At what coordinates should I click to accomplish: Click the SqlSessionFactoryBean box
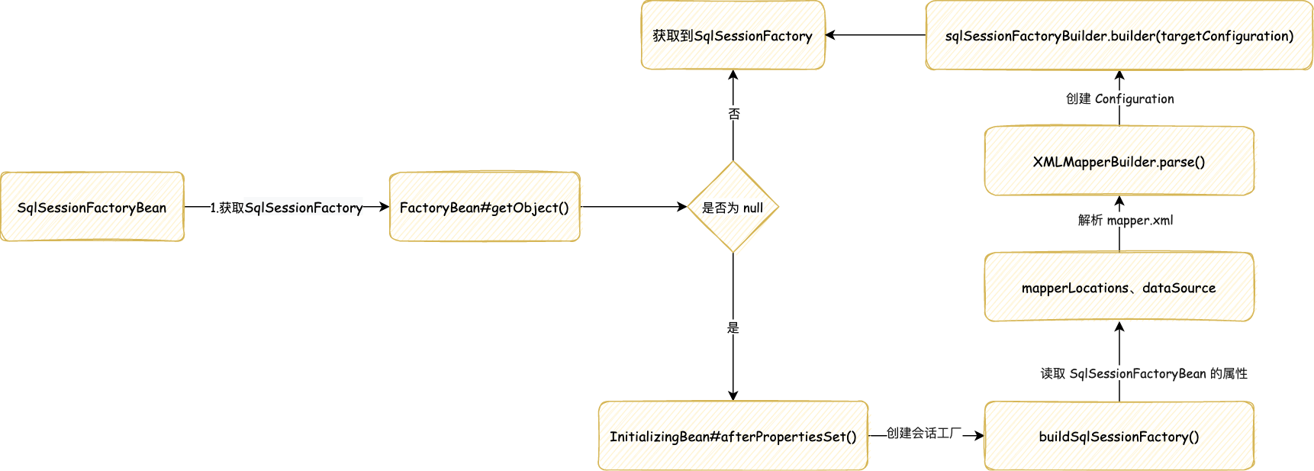pyautogui.click(x=92, y=207)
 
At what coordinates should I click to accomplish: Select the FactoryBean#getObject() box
pyautogui.click(x=485, y=207)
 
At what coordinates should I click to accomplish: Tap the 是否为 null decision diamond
pyautogui.click(x=733, y=207)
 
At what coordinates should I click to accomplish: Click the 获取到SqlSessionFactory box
pyautogui.click(x=733, y=35)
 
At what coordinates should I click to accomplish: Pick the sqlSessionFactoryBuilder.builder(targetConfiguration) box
pyautogui.click(x=1119, y=35)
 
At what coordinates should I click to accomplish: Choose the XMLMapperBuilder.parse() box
pyautogui.click(x=1119, y=161)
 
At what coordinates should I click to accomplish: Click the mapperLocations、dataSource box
pyautogui.click(x=1119, y=287)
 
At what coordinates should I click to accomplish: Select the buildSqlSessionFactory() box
pyautogui.click(x=1119, y=436)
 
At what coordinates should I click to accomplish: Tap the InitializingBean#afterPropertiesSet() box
pyautogui.click(x=733, y=436)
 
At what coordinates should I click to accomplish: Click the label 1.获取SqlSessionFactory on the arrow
pyautogui.click(x=286, y=207)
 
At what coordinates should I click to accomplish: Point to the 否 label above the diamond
pyautogui.click(x=733, y=114)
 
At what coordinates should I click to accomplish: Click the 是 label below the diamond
pyautogui.click(x=733, y=327)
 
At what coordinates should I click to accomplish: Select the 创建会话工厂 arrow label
pyautogui.click(x=923, y=433)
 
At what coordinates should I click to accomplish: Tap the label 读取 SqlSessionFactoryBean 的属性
pyautogui.click(x=1144, y=373)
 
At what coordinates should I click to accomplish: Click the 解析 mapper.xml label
pyautogui.click(x=1126, y=220)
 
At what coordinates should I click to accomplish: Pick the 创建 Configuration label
pyautogui.click(x=1119, y=98)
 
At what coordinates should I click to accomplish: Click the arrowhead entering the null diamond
pyautogui.click(x=682, y=207)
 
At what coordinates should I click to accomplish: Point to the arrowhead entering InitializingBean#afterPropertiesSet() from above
pyautogui.click(x=733, y=395)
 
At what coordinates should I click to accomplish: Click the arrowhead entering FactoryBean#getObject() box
pyautogui.click(x=385, y=207)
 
